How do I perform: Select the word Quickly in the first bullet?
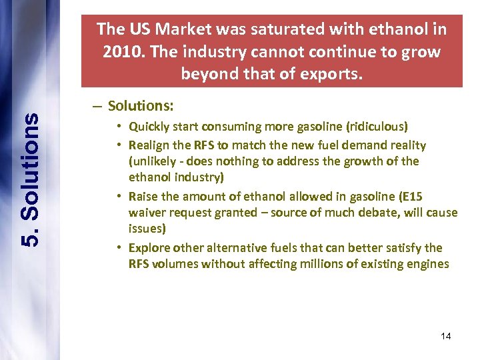click(149, 127)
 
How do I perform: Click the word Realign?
click(149, 145)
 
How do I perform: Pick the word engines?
click(429, 265)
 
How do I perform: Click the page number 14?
click(446, 336)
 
